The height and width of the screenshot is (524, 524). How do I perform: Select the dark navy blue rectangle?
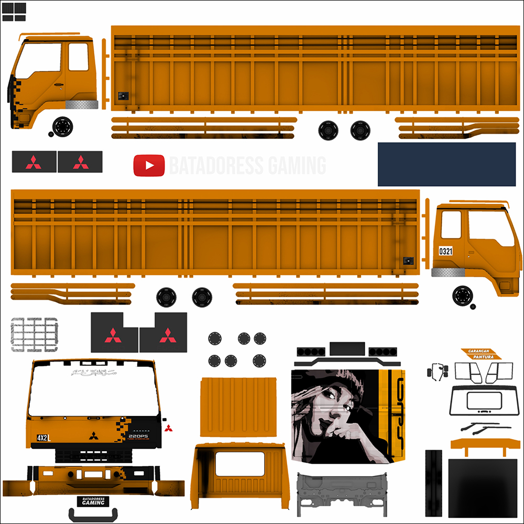pyautogui.click(x=446, y=164)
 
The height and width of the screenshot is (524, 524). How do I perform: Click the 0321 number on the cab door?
pyautogui.click(x=445, y=251)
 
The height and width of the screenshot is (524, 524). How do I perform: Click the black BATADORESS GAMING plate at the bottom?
pyautogui.click(x=93, y=501)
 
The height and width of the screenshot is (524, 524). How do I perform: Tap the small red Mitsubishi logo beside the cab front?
pyautogui.click(x=168, y=428)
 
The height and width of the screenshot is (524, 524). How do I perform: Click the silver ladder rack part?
pyautogui.click(x=34, y=334)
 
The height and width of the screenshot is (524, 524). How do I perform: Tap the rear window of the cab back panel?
pyautogui.click(x=240, y=464)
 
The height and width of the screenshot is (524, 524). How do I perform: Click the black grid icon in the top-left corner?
pyautogui.click(x=14, y=12)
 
